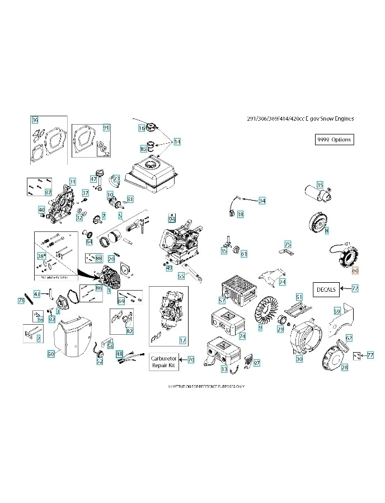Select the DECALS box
(x=326, y=289)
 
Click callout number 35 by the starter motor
(x=320, y=184)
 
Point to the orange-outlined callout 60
(x=355, y=270)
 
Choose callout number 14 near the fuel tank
(x=177, y=142)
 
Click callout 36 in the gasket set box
(x=35, y=120)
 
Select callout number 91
(x=106, y=128)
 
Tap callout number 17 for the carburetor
(x=182, y=340)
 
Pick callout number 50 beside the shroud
(x=50, y=354)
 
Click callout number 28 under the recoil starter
(x=345, y=367)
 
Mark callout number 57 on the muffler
(x=222, y=301)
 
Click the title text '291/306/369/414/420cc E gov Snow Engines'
(x=300, y=118)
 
